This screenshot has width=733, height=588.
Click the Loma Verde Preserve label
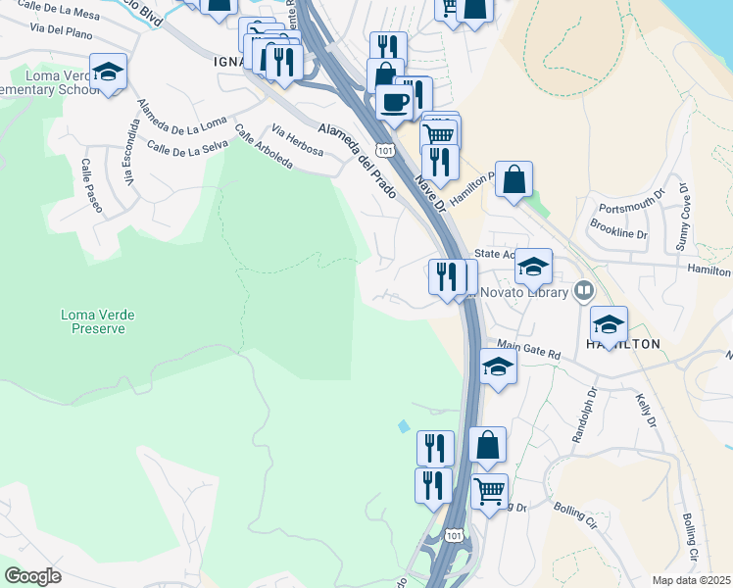point(97,321)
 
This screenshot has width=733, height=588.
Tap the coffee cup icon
point(395,103)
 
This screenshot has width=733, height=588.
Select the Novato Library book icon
point(584,290)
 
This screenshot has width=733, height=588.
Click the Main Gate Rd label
point(527,348)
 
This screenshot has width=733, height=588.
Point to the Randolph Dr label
point(591,416)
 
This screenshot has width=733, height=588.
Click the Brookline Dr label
point(619,233)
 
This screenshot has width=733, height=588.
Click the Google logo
point(32,576)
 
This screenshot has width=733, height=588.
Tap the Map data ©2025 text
point(691,580)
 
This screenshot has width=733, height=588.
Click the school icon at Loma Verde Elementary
point(108,72)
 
